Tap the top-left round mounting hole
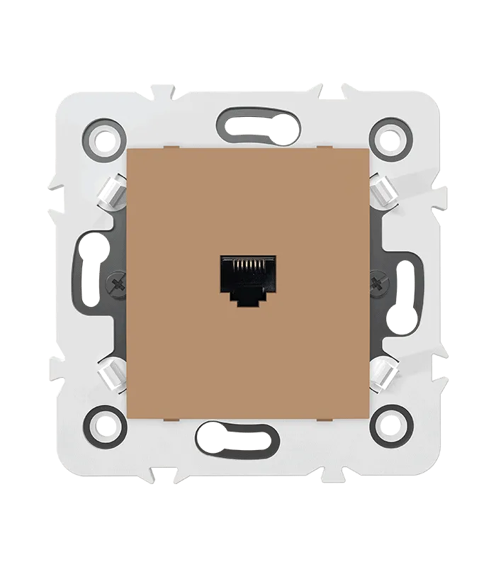pyautogui.click(x=105, y=135)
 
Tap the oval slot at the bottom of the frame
pyautogui.click(x=237, y=434)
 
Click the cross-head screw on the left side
pyautogui.click(x=115, y=285)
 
